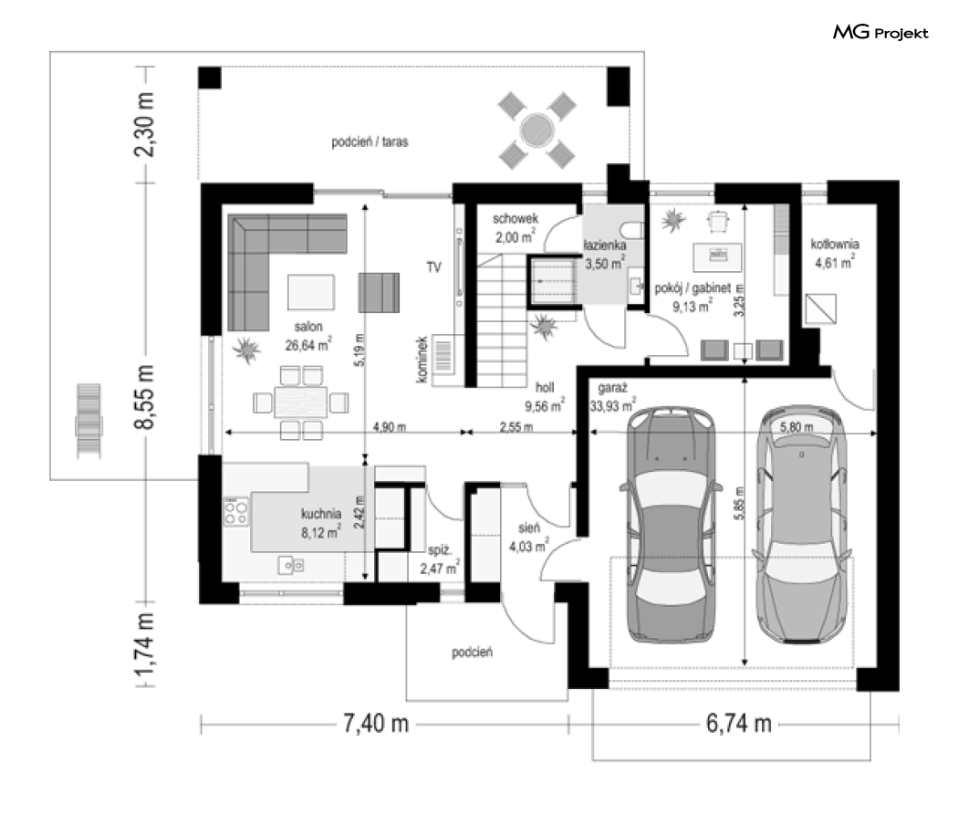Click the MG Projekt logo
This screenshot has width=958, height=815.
point(880,32)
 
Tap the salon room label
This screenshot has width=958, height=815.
point(308,327)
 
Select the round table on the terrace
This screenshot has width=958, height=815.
point(537,130)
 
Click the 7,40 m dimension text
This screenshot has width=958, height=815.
point(376,724)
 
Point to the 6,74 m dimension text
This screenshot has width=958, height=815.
point(739,724)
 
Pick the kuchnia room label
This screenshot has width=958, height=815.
point(321,514)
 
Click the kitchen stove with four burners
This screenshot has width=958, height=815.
point(235,512)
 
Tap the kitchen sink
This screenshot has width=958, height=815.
point(291,566)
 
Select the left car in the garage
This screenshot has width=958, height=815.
point(671,524)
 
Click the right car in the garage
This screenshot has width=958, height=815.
point(801,524)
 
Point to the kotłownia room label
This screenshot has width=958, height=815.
point(835,245)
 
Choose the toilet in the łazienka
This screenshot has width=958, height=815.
point(632,230)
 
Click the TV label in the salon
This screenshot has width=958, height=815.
point(433,267)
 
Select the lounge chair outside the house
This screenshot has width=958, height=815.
point(89,421)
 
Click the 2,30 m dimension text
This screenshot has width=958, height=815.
point(144,125)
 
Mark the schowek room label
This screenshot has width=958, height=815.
point(515,218)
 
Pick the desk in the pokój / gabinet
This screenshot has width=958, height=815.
point(718,256)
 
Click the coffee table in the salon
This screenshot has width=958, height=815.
point(311,292)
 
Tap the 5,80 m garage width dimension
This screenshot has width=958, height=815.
point(797,427)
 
